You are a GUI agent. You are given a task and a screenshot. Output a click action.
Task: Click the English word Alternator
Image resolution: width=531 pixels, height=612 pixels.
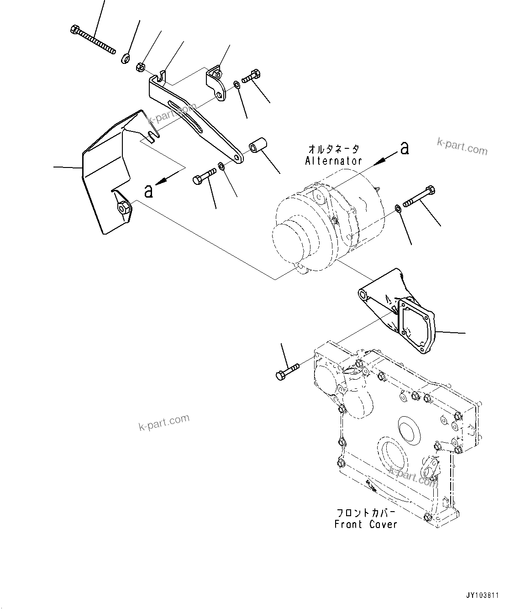(x=333, y=161)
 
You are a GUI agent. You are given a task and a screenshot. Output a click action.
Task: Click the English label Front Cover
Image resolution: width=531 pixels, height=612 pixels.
(x=366, y=524)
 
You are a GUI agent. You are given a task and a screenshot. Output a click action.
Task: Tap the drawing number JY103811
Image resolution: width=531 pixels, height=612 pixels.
(x=483, y=596)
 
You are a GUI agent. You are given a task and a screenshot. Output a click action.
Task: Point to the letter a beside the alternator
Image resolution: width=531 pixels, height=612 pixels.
(x=404, y=148)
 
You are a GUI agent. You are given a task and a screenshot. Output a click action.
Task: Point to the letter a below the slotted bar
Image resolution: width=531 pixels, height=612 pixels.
(x=148, y=191)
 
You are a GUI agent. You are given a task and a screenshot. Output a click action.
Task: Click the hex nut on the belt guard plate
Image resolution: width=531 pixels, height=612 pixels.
(x=122, y=208)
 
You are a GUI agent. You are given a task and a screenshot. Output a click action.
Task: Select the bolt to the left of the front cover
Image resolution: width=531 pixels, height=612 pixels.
(x=287, y=371)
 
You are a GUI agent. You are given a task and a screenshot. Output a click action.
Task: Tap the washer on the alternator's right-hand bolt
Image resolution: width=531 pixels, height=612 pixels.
(x=398, y=209)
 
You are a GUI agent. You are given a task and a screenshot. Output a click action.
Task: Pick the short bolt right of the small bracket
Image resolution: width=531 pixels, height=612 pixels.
(x=249, y=77)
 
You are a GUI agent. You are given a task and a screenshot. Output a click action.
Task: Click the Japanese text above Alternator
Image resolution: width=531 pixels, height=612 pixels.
(x=334, y=149)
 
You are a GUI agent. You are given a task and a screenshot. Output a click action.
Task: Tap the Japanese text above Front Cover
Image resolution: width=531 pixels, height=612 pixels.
(x=365, y=513)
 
